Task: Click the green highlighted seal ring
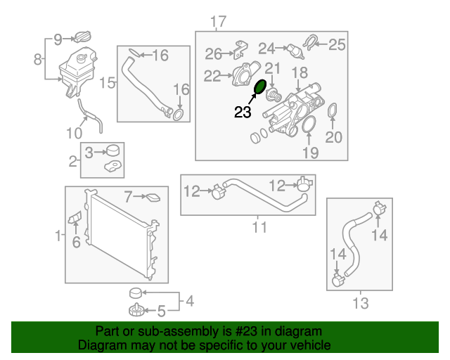click(x=259, y=88)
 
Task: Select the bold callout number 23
click(x=243, y=111)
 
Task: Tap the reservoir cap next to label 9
click(x=84, y=37)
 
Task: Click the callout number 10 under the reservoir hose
click(x=75, y=131)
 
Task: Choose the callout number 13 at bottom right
click(x=360, y=304)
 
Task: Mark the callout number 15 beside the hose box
click(x=106, y=83)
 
